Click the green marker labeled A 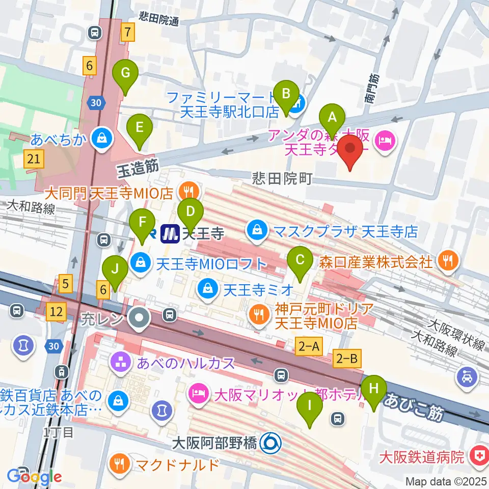pos(333,118)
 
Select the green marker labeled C pos(300,260)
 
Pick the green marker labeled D pos(191,210)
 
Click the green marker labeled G pos(125,73)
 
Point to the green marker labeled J pos(115,268)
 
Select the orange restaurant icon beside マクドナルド pos(120,464)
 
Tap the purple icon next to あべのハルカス pos(120,363)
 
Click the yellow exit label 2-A pos(309,347)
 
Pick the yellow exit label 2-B pos(348,359)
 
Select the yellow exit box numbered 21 pos(34,159)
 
